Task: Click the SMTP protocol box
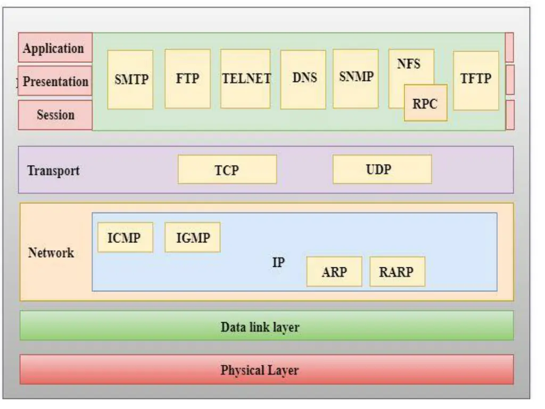click(130, 80)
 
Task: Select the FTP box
click(187, 79)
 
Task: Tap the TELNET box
click(246, 79)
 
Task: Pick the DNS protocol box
click(303, 79)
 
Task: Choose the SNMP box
click(356, 78)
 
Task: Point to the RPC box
click(425, 103)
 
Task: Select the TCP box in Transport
click(227, 170)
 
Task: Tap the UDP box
click(382, 169)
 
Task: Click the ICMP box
click(125, 238)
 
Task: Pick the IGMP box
click(192, 238)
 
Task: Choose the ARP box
click(334, 272)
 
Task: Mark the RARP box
click(397, 272)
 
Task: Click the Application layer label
click(54, 48)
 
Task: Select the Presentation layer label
click(55, 81)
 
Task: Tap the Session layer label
click(55, 114)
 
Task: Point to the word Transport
click(53, 170)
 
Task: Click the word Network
click(51, 252)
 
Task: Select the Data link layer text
click(260, 326)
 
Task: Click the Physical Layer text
click(260, 370)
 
